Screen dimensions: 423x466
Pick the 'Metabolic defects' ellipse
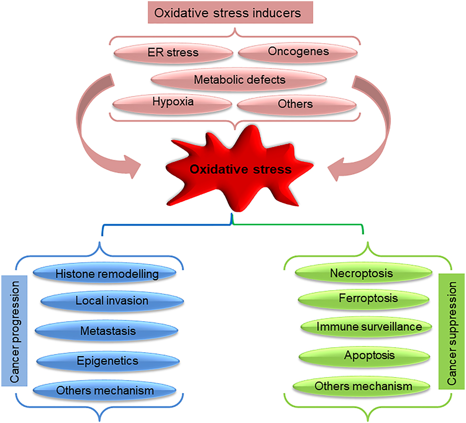pyautogui.click(x=239, y=79)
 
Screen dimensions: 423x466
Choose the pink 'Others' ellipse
pyautogui.click(x=295, y=104)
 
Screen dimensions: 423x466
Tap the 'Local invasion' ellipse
pyautogui.click(x=112, y=301)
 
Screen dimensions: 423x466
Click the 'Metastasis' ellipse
pyautogui.click(x=108, y=331)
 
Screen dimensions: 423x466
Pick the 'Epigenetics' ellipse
pyautogui.click(x=108, y=360)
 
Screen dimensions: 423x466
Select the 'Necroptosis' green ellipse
pyautogui.click(x=362, y=274)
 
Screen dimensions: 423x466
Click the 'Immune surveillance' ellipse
pyautogui.click(x=369, y=327)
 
